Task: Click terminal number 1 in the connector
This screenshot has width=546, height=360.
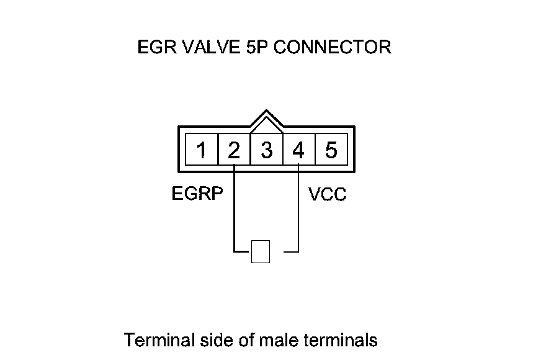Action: tap(202, 150)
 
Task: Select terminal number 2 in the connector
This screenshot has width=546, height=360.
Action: tap(234, 150)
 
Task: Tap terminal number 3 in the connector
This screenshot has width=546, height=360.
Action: tap(266, 150)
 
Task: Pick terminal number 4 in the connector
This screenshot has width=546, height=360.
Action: tap(298, 150)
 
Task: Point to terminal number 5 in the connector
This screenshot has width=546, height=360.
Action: tap(331, 150)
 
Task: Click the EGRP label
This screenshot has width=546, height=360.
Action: tap(197, 194)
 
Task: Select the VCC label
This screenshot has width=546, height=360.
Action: tap(328, 195)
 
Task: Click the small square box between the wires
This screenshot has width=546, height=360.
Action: tap(261, 251)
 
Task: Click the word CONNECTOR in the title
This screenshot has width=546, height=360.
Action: tap(333, 48)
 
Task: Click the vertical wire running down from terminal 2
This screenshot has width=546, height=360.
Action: tap(234, 211)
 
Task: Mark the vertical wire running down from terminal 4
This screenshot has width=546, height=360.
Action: tap(298, 211)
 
